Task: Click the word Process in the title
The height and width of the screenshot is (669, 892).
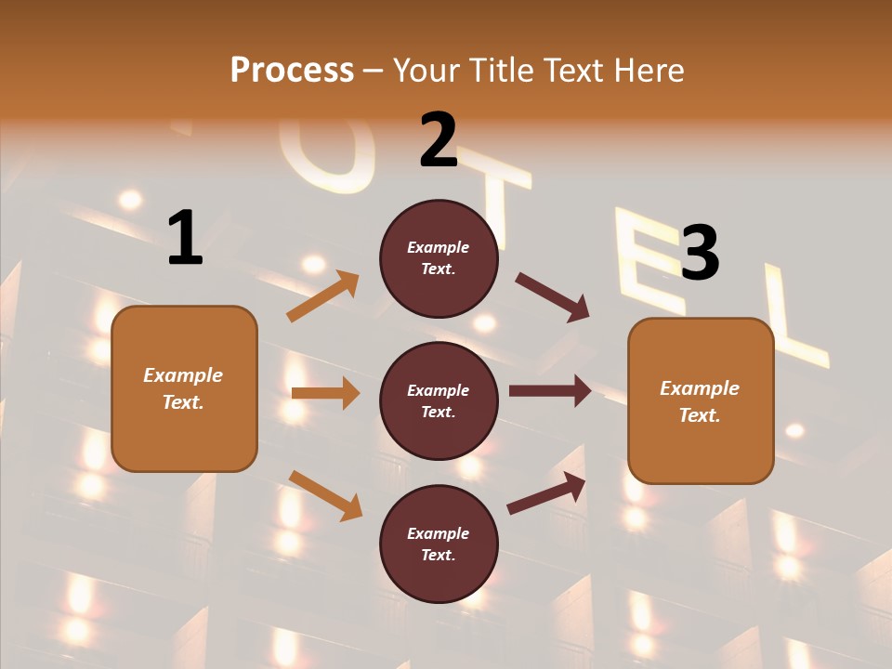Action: click(x=292, y=70)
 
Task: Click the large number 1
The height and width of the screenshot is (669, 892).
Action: click(x=184, y=238)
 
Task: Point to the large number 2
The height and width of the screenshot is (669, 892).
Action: click(x=439, y=140)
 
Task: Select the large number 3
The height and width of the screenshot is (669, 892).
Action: click(x=700, y=252)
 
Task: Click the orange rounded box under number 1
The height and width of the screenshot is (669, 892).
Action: click(x=184, y=388)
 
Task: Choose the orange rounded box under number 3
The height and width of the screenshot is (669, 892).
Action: click(x=701, y=400)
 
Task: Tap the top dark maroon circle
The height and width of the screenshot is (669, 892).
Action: click(x=439, y=258)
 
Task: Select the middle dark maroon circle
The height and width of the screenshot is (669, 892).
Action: click(x=439, y=400)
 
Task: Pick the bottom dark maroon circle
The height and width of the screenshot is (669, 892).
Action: click(x=439, y=544)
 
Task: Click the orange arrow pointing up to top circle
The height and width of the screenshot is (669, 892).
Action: click(x=323, y=296)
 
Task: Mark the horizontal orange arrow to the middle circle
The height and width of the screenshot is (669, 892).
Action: click(x=325, y=393)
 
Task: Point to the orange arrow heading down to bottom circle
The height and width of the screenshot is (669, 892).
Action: click(x=325, y=495)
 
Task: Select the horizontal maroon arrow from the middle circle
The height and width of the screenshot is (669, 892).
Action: click(x=550, y=391)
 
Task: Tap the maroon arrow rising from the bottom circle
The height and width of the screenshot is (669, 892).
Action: click(x=546, y=493)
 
